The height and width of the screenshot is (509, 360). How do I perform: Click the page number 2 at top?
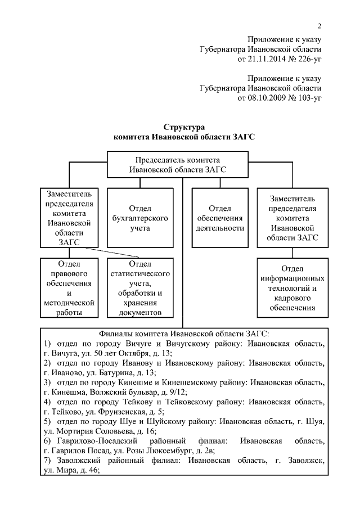pyautogui.click(x=319, y=26)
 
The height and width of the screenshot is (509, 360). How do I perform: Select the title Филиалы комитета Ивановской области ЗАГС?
pyautogui.click(x=183, y=333)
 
